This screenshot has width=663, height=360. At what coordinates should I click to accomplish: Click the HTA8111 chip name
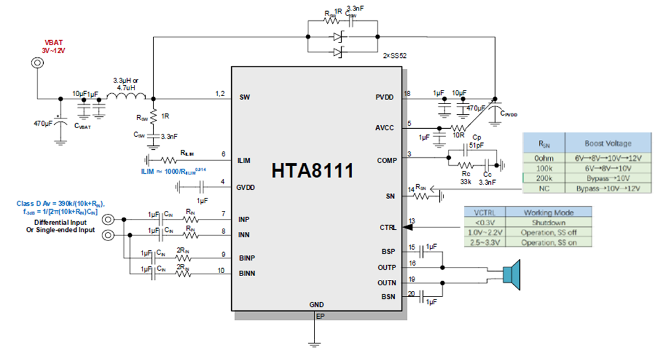coord(313,171)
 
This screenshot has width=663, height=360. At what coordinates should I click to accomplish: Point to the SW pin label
coord(245,97)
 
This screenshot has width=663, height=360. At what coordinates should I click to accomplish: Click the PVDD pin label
coord(384,97)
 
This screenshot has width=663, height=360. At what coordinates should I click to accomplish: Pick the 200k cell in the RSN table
coord(543,178)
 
